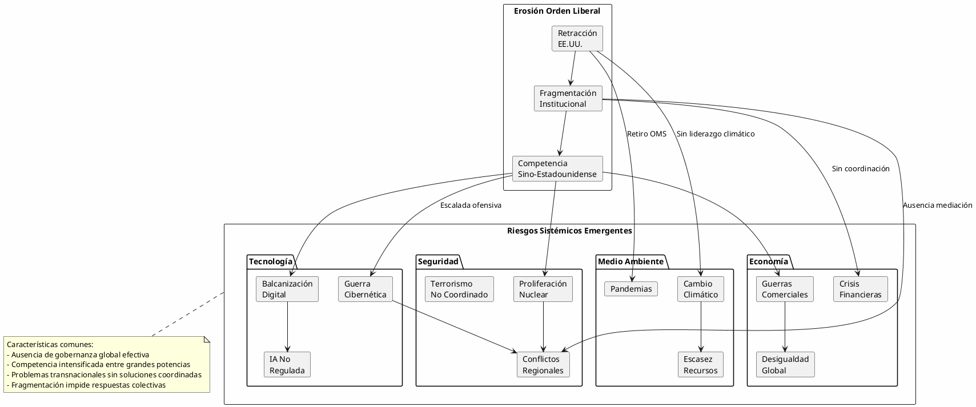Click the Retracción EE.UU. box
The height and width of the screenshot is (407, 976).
pyautogui.click(x=577, y=38)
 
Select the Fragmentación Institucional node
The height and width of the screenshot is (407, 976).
pyautogui.click(x=568, y=98)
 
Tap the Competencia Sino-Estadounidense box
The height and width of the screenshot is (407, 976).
pyautogui.click(x=557, y=168)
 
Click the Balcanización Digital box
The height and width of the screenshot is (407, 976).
pyautogui.click(x=287, y=289)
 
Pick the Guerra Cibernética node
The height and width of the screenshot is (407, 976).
pyautogui.click(x=365, y=289)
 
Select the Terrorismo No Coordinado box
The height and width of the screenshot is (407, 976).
pyautogui.click(x=459, y=289)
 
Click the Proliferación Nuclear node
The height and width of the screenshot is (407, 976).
pyautogui.click(x=543, y=289)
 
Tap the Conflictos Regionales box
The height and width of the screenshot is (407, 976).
pyautogui.click(x=543, y=364)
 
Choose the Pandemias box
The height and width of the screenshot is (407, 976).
pyautogui.click(x=630, y=289)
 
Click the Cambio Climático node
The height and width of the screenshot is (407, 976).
pyautogui.click(x=701, y=289)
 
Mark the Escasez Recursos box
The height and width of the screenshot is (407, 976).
pyautogui.click(x=700, y=364)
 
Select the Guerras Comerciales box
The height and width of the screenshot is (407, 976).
pyautogui.click(x=785, y=289)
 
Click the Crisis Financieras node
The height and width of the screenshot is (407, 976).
pyautogui.click(x=860, y=289)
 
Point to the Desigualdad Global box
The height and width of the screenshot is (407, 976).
pyautogui.click(x=785, y=364)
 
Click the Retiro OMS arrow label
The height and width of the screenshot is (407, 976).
pyautogui.click(x=646, y=134)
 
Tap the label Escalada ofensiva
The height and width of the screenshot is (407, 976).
pyautogui.click(x=471, y=205)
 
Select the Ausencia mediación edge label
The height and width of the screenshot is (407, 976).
pyautogui.click(x=937, y=205)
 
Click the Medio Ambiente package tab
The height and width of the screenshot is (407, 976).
pyautogui.click(x=630, y=261)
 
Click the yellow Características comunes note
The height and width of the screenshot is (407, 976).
pyautogui.click(x=107, y=364)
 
